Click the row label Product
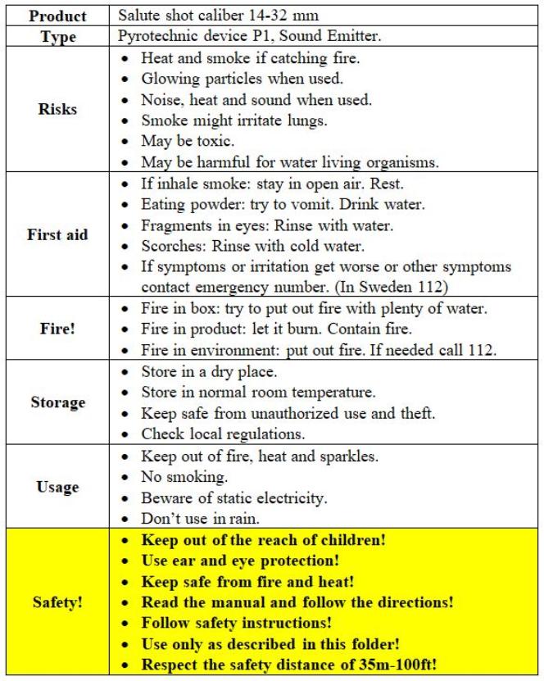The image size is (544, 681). tap(57, 16)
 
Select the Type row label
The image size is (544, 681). tap(57, 37)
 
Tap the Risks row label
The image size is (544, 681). tap(57, 110)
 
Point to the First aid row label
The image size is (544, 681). tap(57, 235)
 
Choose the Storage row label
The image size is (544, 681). tap(57, 402)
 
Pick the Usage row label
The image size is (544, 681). tap(57, 487)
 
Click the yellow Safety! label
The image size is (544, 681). tap(57, 602)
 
